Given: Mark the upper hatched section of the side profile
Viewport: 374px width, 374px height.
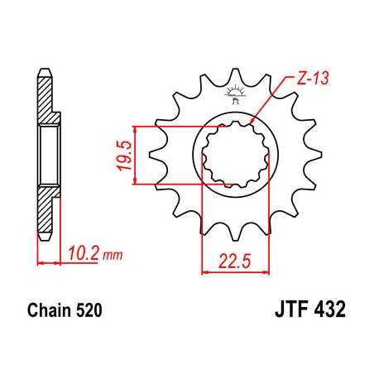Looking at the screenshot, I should [48, 95].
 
